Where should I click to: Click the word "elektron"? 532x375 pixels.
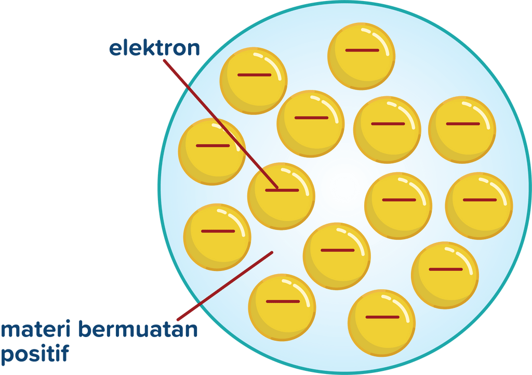(x=154, y=48)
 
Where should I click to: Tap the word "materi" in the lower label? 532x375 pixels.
(x=36, y=330)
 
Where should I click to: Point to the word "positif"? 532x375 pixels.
(x=35, y=354)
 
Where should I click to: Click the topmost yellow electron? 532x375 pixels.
(x=362, y=56)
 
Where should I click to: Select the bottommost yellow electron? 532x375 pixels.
(x=381, y=322)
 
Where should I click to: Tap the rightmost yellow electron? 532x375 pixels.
(x=479, y=205)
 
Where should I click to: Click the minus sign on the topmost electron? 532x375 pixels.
(x=362, y=50)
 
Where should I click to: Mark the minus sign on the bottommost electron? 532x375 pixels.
(x=382, y=317)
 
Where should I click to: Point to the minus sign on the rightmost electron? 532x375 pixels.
(x=480, y=200)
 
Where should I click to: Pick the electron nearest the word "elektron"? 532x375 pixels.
(x=254, y=81)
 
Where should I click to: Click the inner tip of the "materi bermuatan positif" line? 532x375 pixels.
(x=272, y=253)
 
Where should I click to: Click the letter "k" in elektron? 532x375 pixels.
(x=140, y=48)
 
